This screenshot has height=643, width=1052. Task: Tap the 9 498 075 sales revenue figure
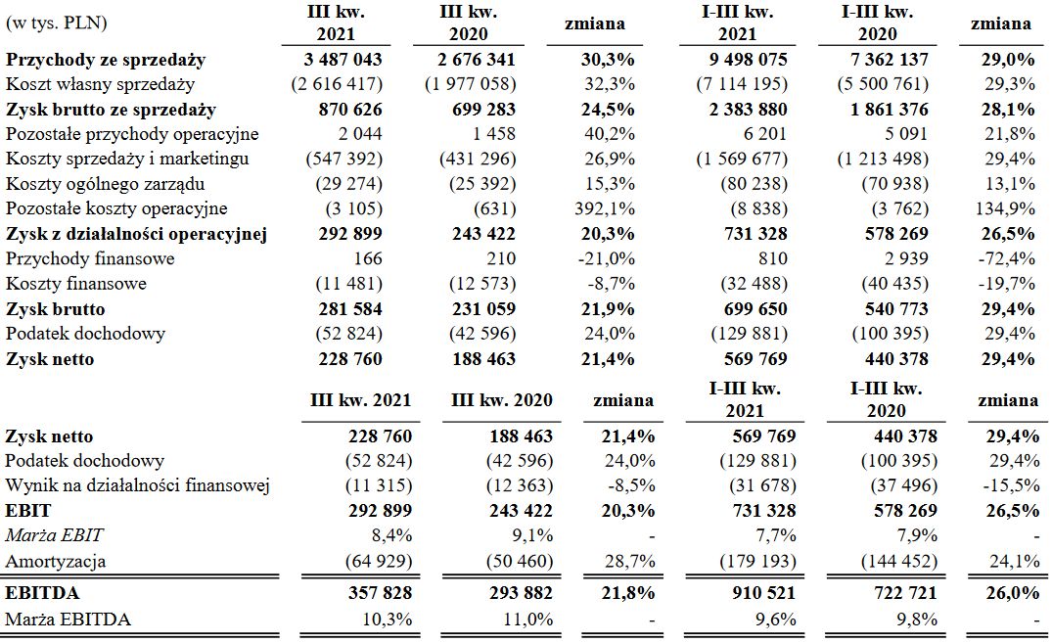click(742, 60)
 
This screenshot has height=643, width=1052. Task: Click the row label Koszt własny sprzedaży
click(101, 85)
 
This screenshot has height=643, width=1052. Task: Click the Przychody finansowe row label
click(90, 258)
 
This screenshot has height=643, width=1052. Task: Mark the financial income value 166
click(368, 258)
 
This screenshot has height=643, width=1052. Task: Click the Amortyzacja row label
click(56, 561)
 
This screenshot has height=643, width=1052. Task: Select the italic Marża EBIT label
click(55, 535)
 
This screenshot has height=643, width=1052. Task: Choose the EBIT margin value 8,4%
click(389, 535)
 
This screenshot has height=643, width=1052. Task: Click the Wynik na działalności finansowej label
click(137, 485)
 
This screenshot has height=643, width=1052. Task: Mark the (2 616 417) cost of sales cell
click(336, 85)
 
